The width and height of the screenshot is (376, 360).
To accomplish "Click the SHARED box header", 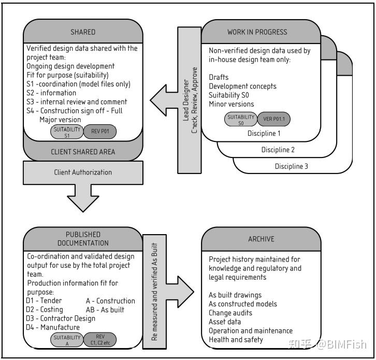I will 83,32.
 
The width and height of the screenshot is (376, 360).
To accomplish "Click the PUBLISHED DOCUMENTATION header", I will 83,239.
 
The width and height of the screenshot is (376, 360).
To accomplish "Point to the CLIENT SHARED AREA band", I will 83,152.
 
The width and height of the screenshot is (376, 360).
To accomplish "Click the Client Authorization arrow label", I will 83,172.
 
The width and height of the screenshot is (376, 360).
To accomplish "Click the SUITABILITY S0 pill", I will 240,120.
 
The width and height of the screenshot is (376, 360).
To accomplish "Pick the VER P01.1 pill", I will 274,120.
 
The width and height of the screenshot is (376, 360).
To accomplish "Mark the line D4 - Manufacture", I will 53,327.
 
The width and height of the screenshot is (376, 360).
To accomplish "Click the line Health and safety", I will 236,340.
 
